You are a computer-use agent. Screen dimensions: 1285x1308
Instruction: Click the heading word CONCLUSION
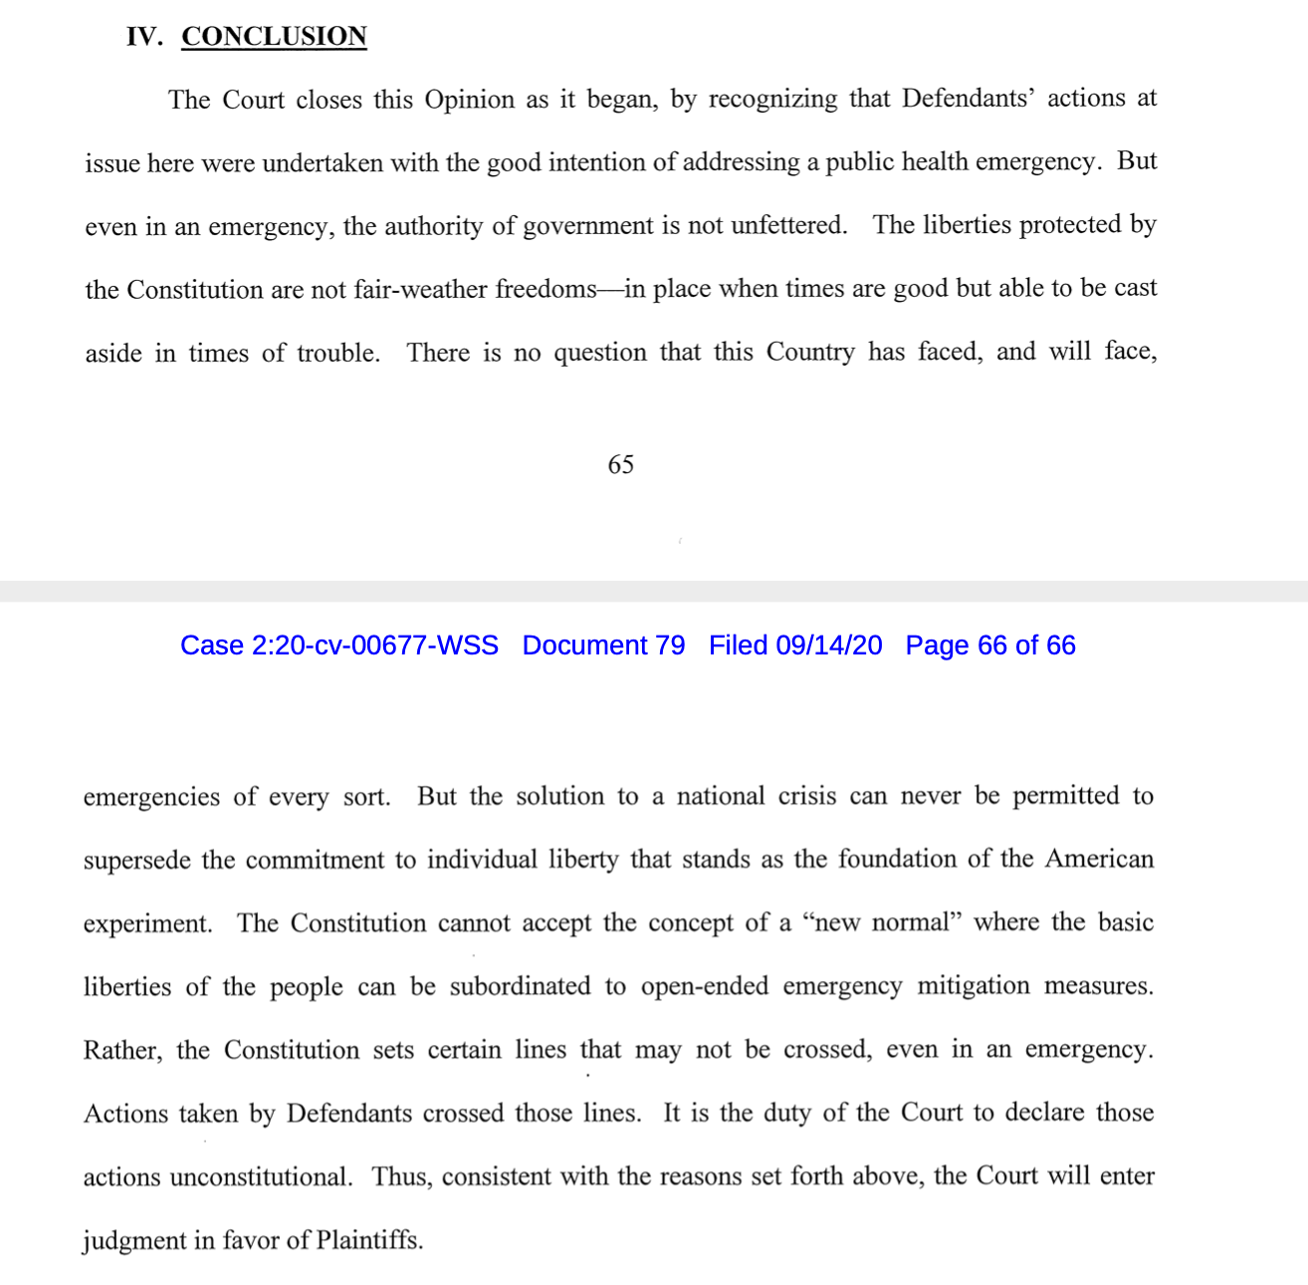274,37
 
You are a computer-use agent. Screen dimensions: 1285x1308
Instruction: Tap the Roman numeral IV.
143,37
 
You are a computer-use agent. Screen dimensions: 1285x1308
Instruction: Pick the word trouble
337,353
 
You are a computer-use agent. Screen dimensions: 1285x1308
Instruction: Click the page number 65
620,465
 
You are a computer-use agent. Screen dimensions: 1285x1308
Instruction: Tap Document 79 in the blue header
603,645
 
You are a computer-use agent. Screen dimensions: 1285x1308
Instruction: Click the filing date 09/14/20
829,645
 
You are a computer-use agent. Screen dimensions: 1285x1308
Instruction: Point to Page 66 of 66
990,645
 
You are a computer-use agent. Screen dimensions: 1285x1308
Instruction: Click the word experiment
147,923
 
